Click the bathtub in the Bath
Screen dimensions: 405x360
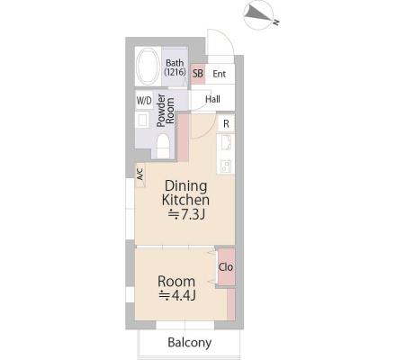[x=148, y=66]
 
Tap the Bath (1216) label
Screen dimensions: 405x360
[x=175, y=67]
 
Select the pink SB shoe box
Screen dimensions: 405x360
[x=198, y=74]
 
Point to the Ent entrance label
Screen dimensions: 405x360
[x=219, y=74]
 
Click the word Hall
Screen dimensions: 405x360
[x=212, y=99]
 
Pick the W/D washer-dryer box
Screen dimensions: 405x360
[x=144, y=101]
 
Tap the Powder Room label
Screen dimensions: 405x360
[x=166, y=111]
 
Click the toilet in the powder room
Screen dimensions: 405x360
[x=163, y=146]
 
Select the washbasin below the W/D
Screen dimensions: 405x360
[x=142, y=121]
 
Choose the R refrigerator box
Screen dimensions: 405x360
[x=226, y=123]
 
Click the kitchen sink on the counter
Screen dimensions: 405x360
[x=226, y=143]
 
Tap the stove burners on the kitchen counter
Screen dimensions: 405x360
[x=226, y=166]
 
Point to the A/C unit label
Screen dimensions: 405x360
[x=140, y=174]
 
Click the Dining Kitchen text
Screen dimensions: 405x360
[x=185, y=193]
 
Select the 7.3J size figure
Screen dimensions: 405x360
[x=186, y=214]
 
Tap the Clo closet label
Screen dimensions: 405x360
[x=226, y=266]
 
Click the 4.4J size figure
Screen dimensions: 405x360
[x=177, y=295]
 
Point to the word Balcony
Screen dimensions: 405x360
[x=190, y=343]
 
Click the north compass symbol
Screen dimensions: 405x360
[x=259, y=14]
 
